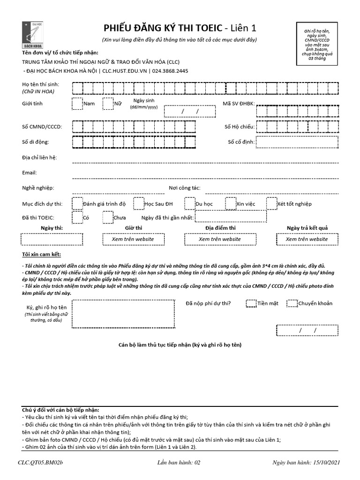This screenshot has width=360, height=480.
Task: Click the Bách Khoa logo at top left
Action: click(31, 35)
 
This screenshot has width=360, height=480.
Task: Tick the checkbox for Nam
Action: click(77, 103)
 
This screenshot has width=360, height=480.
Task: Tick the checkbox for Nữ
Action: click(108, 103)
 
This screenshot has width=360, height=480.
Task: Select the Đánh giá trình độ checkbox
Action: click(77, 203)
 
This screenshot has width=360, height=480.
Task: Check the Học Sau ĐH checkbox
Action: click(138, 203)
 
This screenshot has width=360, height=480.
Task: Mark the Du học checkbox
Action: click(189, 203)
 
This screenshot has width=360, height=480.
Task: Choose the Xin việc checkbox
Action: click(230, 203)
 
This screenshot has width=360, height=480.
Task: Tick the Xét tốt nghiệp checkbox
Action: click(272, 203)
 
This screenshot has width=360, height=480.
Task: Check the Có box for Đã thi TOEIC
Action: click(77, 217)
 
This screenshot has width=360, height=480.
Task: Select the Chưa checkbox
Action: click(108, 217)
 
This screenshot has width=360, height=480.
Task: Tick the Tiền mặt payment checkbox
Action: click(251, 303)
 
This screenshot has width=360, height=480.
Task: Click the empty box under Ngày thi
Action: click(52, 239)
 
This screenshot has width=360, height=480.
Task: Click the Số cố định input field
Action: click(297, 142)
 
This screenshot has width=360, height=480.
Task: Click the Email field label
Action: click(30, 172)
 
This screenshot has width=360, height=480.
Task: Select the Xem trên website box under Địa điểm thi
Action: click(219, 239)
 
